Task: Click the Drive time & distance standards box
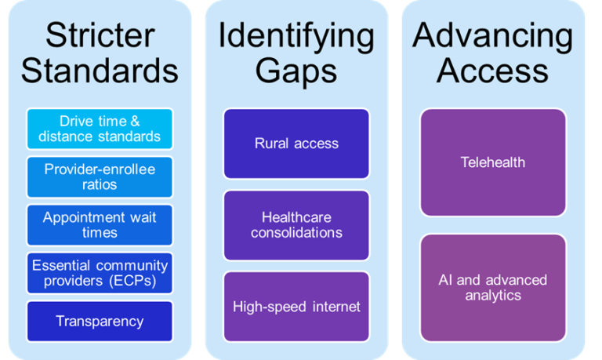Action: [99, 129]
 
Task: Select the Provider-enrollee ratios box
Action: [99, 177]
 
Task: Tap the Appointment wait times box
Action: [99, 225]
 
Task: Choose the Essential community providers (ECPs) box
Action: [99, 273]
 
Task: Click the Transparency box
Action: [99, 321]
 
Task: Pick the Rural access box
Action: [296, 144]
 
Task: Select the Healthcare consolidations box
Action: [296, 224]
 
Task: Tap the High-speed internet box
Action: [296, 306]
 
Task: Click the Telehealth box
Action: [493, 162]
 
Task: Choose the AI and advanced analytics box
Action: [493, 288]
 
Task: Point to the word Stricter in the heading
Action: [99, 35]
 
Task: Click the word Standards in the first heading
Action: [99, 71]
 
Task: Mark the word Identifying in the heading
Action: [296, 35]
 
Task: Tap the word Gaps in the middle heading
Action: [296, 71]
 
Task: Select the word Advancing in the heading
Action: [493, 35]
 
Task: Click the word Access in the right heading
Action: [493, 71]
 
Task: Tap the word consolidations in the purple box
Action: [296, 233]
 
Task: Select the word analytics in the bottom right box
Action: [493, 296]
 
